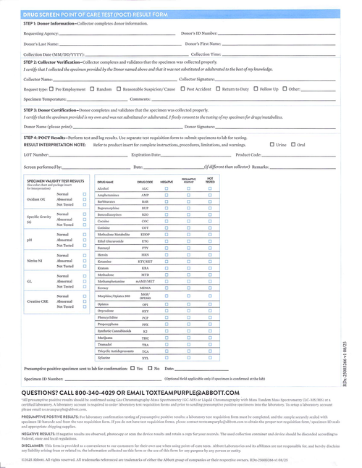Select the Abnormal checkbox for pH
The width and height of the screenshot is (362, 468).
85,240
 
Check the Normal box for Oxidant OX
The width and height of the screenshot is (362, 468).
85,194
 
